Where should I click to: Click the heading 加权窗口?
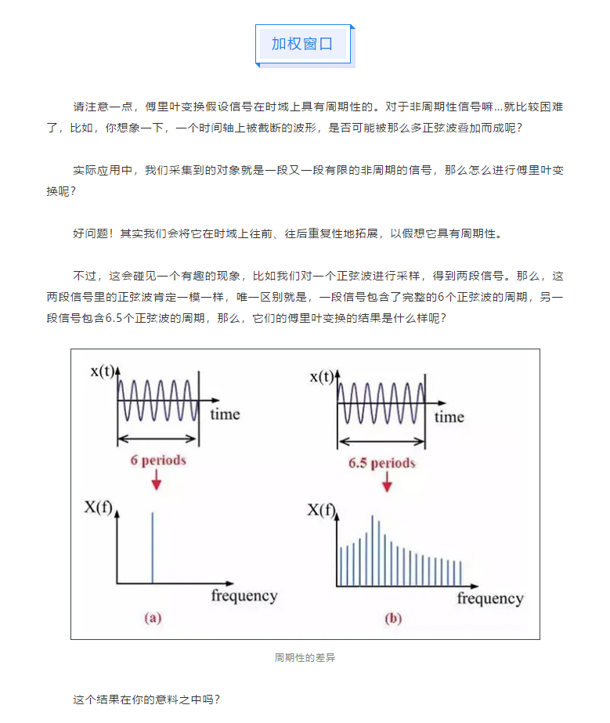coord(302,44)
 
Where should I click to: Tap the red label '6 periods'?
coord(157,460)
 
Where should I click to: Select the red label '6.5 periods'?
coord(382,463)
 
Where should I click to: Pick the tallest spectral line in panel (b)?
coord(372,548)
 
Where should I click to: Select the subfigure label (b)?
coord(392,619)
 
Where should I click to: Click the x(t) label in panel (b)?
coord(323,377)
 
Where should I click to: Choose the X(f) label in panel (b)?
coord(320,512)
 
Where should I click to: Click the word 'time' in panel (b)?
coord(449,416)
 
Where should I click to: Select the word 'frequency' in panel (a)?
coord(244,595)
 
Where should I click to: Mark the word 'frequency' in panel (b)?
coord(490,598)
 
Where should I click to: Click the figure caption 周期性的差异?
coord(305,657)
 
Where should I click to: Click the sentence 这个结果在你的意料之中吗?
coord(146,699)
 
